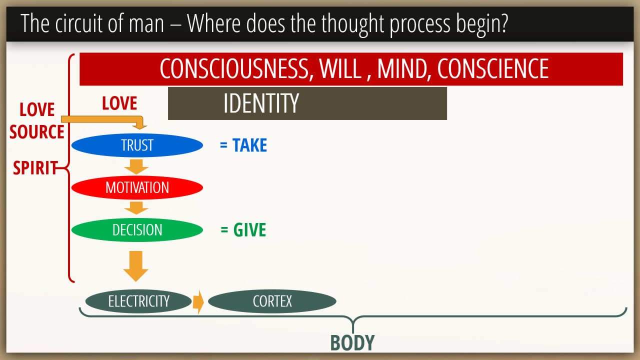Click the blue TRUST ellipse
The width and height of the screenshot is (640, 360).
coord(137,145)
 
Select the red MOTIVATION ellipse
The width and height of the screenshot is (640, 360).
coord(137,187)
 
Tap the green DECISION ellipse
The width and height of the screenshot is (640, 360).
coord(137,230)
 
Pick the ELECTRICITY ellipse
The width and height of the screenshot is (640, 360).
coord(138,301)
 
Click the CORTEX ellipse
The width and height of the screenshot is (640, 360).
coord(272,301)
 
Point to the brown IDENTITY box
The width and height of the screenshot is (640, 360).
coord(307,103)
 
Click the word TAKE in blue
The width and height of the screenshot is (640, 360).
coord(249,145)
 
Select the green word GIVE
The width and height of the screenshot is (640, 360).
coord(249,229)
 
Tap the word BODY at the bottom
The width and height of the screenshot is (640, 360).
coord(352,342)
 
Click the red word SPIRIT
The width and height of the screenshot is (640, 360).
coord(35,167)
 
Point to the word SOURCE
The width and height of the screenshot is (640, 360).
coord(37,131)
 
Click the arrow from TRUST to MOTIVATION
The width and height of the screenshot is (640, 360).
coord(136,167)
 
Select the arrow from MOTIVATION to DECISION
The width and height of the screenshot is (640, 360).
coord(136,208)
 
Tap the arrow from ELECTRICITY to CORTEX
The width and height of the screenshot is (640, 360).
coord(198,302)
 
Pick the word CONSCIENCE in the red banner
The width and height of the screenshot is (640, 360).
coord(493,68)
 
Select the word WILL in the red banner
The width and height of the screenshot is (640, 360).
coord(340,68)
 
